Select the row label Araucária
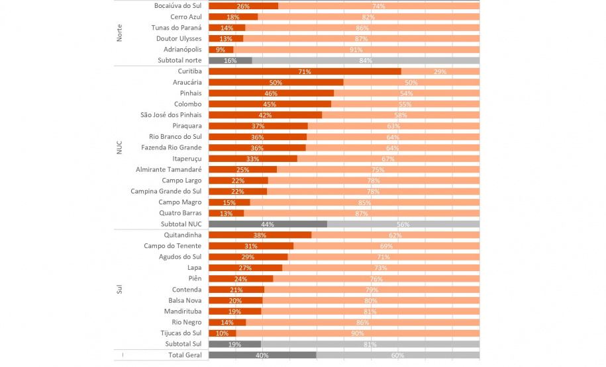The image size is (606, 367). coord(187,82)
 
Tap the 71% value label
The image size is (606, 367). coord(305,72)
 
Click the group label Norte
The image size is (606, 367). coord(119,33)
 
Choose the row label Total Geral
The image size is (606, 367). coord(185,355)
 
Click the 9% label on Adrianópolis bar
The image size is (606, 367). coord(221,50)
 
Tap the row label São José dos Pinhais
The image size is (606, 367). coord(171,115)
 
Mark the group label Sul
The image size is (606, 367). coord(119,289)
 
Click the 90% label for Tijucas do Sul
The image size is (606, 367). coord(358,333)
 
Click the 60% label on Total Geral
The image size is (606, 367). coord(397,356)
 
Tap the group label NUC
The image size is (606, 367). coord(119,147)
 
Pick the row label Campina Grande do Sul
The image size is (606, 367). coord(166,191)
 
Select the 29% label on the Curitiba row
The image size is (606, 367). coord(440,72)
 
